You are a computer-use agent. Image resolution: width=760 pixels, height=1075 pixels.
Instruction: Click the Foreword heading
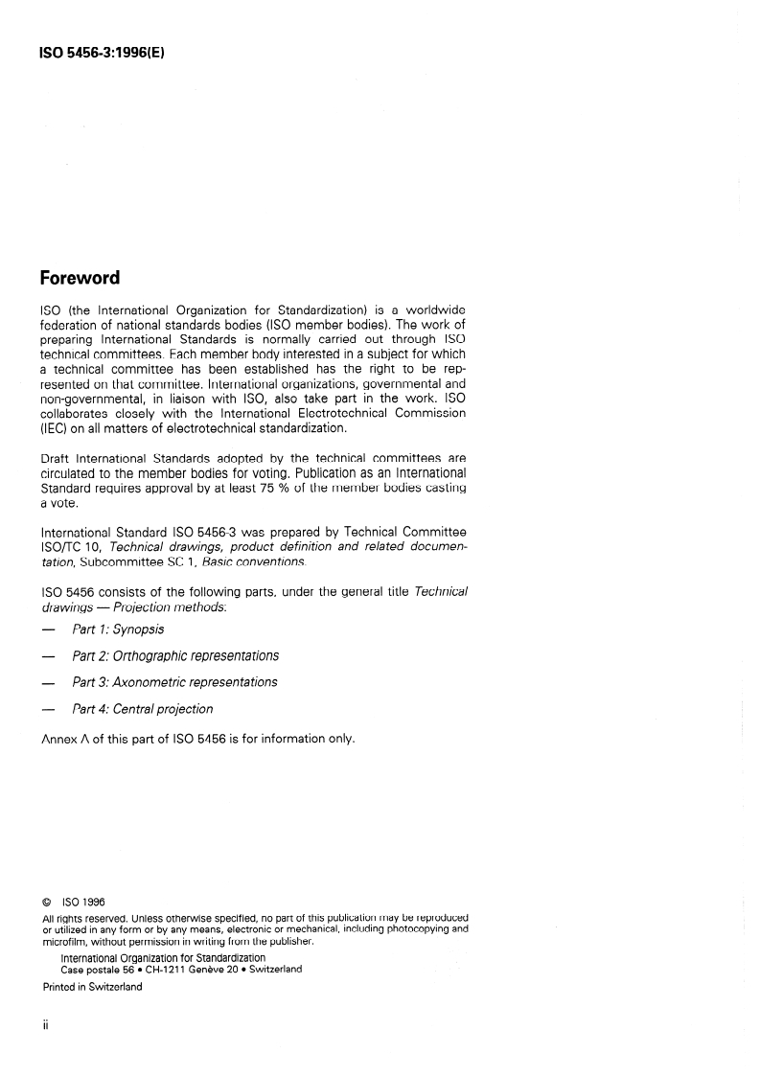[80, 279]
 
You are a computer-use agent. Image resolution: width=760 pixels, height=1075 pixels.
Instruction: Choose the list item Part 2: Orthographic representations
[175, 656]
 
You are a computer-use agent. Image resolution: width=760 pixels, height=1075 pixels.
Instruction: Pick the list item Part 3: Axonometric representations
[174, 682]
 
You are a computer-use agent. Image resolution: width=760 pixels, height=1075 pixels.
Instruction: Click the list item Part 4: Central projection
[142, 709]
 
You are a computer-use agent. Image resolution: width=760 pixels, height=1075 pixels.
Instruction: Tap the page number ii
[45, 1023]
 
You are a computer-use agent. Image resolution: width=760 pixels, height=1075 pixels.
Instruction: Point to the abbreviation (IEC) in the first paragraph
[55, 428]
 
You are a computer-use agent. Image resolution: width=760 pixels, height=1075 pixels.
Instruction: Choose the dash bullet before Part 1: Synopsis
[47, 629]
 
